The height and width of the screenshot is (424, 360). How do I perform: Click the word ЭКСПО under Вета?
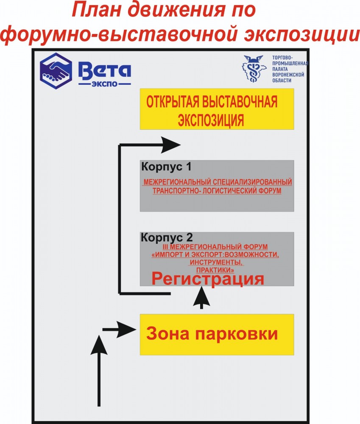pyautogui.click(x=104, y=84)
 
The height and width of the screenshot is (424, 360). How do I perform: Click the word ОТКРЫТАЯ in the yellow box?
pyautogui.click(x=173, y=103)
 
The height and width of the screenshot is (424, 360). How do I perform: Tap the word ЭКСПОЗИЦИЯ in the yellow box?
pyautogui.click(x=211, y=120)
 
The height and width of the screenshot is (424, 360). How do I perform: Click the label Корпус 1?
pyautogui.click(x=163, y=167)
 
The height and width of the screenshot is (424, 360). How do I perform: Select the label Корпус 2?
pyautogui.click(x=167, y=237)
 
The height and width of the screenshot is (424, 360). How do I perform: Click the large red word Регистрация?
pyautogui.click(x=208, y=279)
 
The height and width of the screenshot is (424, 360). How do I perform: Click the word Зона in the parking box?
pyautogui.click(x=165, y=334)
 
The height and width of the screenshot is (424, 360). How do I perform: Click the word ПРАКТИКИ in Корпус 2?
pyautogui.click(x=216, y=269)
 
